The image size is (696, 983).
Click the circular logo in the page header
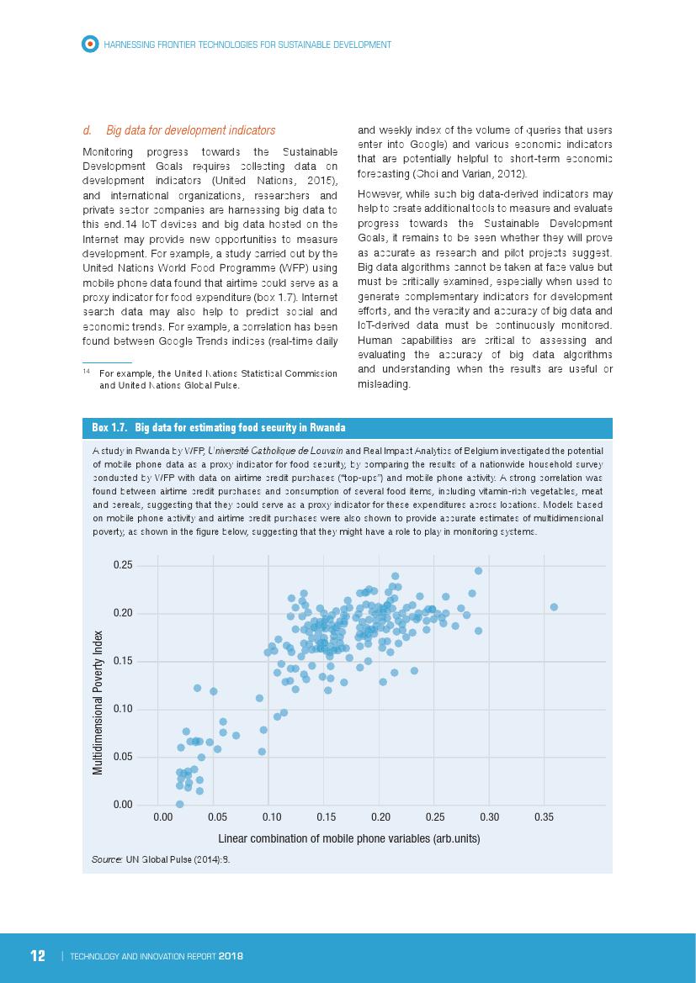point(89,44)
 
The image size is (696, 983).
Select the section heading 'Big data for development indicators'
point(190,130)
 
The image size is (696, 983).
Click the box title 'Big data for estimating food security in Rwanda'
point(240,428)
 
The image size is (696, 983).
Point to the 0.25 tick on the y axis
point(123,565)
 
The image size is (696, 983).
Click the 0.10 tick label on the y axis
point(123,709)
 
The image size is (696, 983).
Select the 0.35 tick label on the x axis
point(544,817)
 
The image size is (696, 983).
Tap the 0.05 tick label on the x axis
point(217,817)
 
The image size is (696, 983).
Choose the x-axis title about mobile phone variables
point(349,839)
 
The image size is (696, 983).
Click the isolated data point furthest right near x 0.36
point(554,606)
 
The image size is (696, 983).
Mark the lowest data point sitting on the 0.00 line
point(179,804)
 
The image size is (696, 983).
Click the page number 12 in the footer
point(38,956)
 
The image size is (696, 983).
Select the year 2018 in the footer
point(230,957)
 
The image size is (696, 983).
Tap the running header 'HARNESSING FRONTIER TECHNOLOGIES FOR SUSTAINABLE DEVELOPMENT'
point(247,44)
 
